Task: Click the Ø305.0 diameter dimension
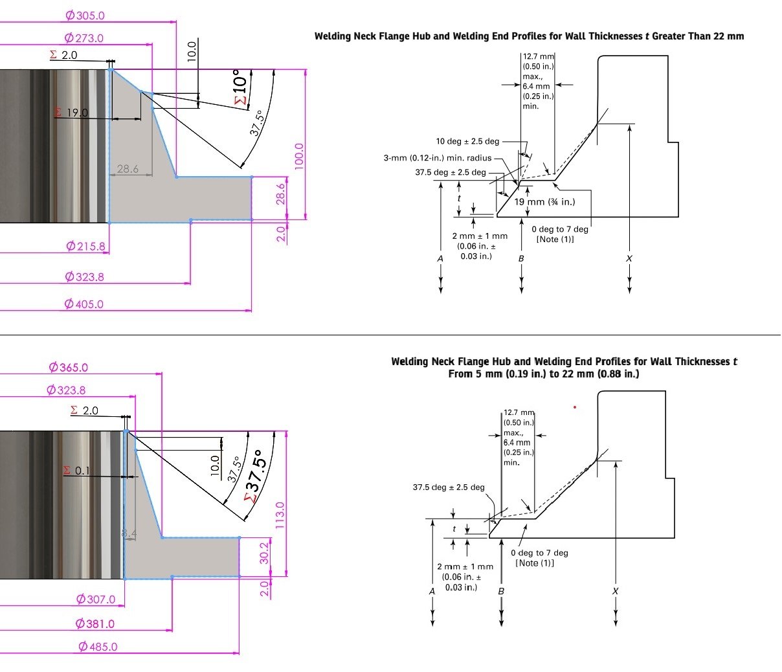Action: pos(85,15)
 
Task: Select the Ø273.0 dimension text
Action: pos(84,38)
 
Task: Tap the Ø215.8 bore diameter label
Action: pos(85,247)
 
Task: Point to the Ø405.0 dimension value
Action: pos(84,304)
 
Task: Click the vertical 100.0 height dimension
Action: pos(298,156)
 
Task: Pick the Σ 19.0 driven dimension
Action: pos(71,113)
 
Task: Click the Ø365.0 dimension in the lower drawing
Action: pos(69,367)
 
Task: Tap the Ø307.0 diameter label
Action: pos(96,599)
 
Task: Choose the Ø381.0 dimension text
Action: pos(95,623)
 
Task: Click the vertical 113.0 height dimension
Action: pos(280,515)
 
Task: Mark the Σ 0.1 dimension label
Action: pos(76,471)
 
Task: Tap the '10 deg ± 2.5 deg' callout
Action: pos(467,141)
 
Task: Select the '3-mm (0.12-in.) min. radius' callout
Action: pos(438,158)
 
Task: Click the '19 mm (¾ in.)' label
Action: pos(544,201)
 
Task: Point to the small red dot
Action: pos(575,407)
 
